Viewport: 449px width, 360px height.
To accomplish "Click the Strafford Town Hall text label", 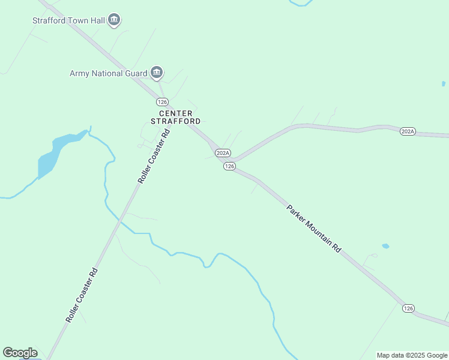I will [68, 20].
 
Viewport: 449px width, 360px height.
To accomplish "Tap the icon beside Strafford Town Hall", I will [114, 20].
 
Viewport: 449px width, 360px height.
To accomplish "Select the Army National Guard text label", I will [109, 73].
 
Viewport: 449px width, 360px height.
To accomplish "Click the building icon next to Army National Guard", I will [157, 73].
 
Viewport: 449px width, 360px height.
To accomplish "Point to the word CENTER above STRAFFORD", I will [175, 113].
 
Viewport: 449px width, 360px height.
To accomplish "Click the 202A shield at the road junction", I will [223, 153].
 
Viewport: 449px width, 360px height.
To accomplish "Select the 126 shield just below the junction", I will [229, 166].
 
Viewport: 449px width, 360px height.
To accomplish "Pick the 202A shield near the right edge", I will [408, 131].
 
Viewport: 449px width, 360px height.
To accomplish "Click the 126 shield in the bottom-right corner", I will [408, 308].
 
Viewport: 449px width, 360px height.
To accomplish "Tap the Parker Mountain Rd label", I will [313, 229].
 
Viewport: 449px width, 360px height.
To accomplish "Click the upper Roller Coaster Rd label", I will [154, 155].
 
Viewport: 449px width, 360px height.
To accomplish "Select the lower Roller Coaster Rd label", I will [82, 295].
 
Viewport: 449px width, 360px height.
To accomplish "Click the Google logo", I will [20, 353].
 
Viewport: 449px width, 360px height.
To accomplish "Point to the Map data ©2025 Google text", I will [412, 355].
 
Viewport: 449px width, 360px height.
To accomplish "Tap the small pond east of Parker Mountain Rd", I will [385, 246].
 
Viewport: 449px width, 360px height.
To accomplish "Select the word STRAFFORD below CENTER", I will [175, 121].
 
